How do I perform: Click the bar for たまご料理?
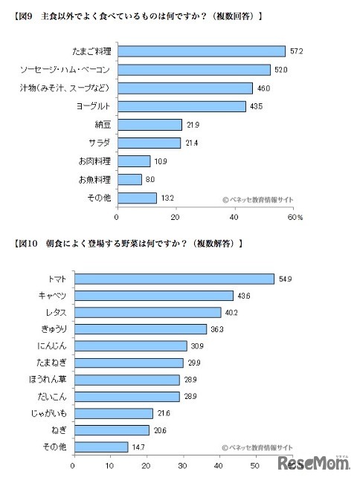pos(201,51)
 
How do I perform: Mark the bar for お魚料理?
pos(129,179)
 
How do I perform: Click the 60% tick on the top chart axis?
pos(295,218)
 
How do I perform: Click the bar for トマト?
pos(173,279)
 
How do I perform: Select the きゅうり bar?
pos(139,329)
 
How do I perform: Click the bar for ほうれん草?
pos(126,380)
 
